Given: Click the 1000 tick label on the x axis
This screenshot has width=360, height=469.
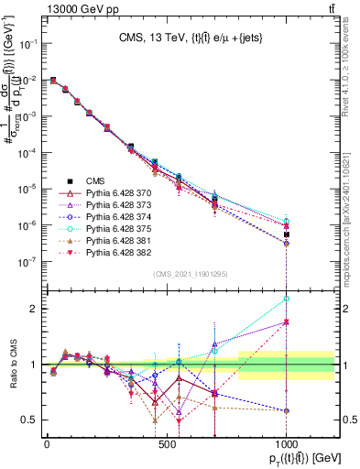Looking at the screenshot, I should coord(286,442).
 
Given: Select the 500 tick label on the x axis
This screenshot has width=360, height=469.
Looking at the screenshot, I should coord(166,442).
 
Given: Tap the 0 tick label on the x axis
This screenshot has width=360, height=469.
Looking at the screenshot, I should coord(47,442).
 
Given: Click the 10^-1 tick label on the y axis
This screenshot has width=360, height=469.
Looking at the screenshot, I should coord(27,43).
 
